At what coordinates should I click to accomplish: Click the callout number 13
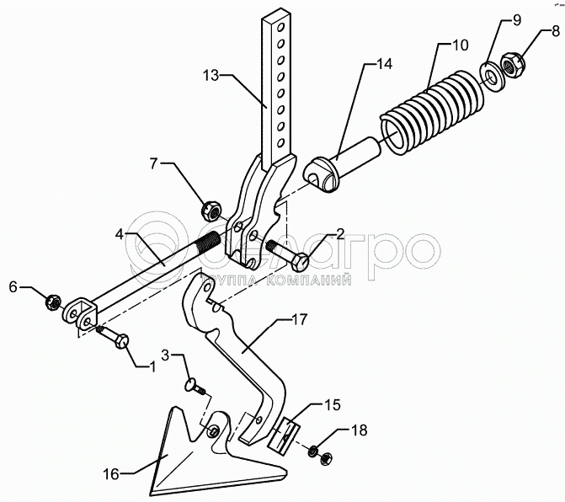coord(211,75)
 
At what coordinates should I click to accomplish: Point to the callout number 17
coord(300,319)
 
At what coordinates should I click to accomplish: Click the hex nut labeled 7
coord(212,206)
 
